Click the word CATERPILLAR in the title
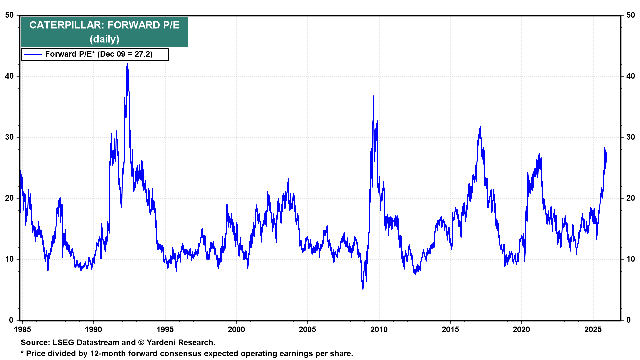[x=66, y=25]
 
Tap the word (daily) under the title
[x=104, y=39]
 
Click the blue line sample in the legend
[x=33, y=54]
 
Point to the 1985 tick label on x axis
[x=22, y=330]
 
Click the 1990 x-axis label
[x=93, y=330]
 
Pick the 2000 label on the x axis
[x=236, y=330]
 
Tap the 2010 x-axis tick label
[x=379, y=330]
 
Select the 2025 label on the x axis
[x=593, y=330]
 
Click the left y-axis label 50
[x=9, y=15]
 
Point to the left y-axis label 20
[x=9, y=198]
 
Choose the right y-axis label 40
[x=630, y=76]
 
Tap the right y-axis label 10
[x=630, y=259]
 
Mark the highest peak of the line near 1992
[x=127, y=64]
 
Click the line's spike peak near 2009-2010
[x=373, y=96]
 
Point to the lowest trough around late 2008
[x=362, y=288]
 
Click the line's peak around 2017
[x=480, y=127]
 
